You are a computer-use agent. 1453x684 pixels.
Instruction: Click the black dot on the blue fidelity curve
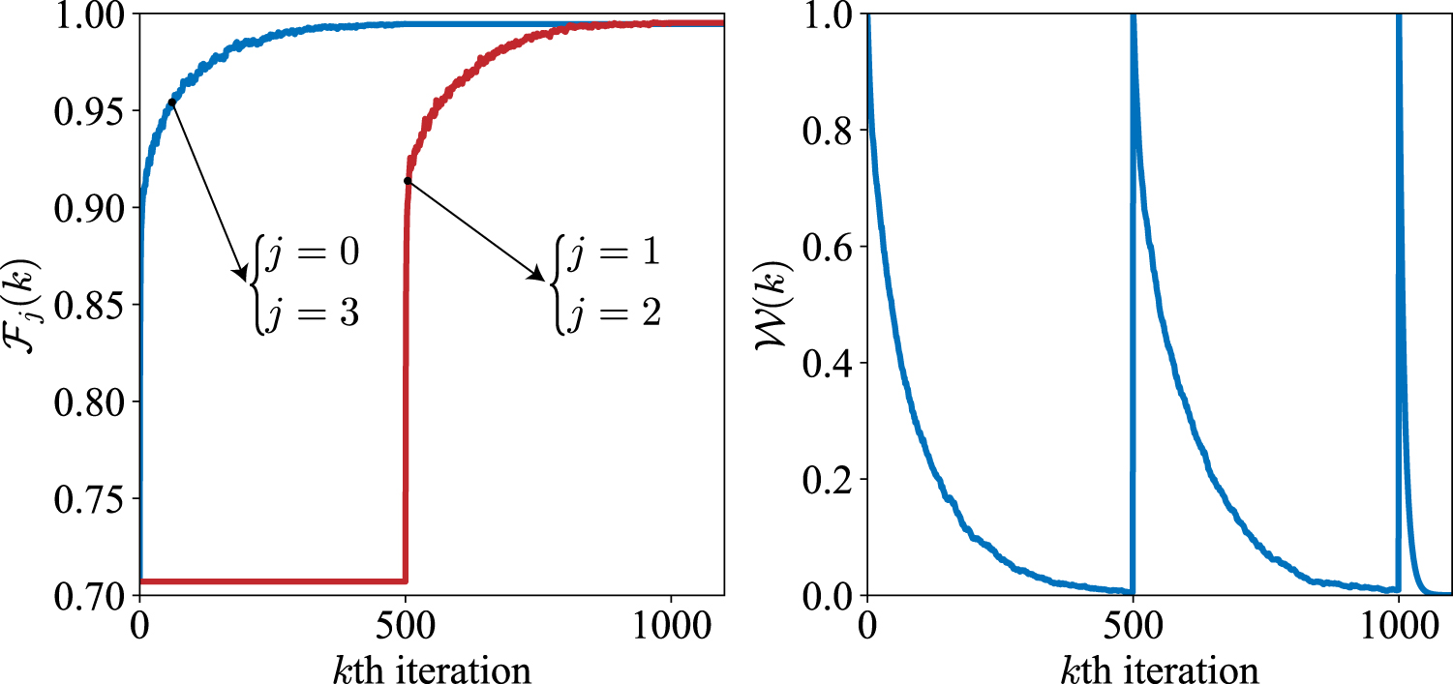click(x=172, y=102)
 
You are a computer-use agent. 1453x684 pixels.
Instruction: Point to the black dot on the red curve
click(x=408, y=181)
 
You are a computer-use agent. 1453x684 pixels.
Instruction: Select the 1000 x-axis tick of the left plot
click(x=670, y=621)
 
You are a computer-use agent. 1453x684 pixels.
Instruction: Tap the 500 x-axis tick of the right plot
click(x=1133, y=621)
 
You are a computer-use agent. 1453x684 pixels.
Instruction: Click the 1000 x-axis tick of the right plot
click(x=1398, y=621)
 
